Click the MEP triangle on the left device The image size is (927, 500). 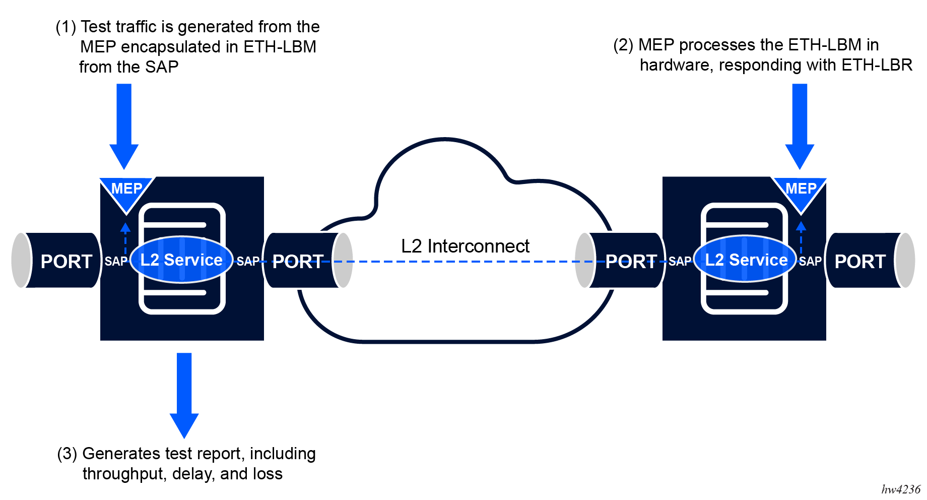tap(126, 192)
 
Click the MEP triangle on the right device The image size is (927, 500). tap(800, 192)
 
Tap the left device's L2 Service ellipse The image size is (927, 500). tap(181, 260)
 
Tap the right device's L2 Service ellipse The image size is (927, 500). tap(746, 260)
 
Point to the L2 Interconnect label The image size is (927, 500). tap(465, 246)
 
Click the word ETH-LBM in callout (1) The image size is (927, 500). tap(280, 47)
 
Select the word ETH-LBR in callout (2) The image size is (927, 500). tap(877, 65)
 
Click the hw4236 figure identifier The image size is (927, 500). tap(901, 489)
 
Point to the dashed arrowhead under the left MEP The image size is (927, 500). tap(125, 227)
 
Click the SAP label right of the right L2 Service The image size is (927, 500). tap(810, 262)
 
